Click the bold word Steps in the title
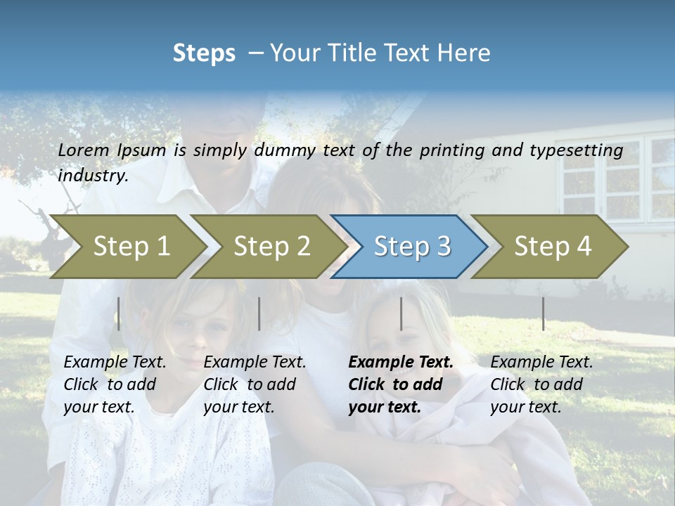[x=204, y=53]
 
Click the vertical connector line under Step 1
[x=119, y=313]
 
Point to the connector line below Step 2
[x=259, y=313]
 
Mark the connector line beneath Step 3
[x=401, y=313]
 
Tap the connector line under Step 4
[x=544, y=313]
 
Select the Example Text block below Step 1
[x=115, y=384]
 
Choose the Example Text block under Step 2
[x=255, y=384]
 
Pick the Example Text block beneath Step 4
[x=541, y=384]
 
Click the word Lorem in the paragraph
[x=84, y=150]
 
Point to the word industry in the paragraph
[x=93, y=176]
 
